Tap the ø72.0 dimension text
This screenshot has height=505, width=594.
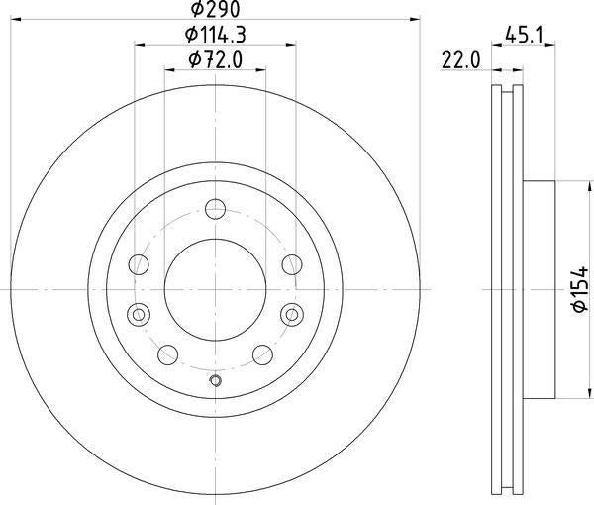pyautogui.click(x=216, y=62)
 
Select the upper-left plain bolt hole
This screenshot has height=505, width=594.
pyautogui.click(x=140, y=264)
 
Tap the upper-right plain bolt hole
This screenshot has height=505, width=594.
pyautogui.click(x=292, y=264)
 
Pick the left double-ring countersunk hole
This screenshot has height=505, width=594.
pyautogui.click(x=139, y=314)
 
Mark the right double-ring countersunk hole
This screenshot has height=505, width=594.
pyautogui.click(x=292, y=314)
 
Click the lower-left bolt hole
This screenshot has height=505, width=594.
pyautogui.click(x=168, y=354)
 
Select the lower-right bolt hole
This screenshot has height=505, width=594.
pyautogui.click(x=263, y=354)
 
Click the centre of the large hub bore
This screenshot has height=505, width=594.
pyautogui.click(x=216, y=288)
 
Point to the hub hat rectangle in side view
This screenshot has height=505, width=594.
pyautogui.click(x=542, y=288)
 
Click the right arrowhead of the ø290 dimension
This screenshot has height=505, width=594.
pyautogui.click(x=415, y=18)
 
